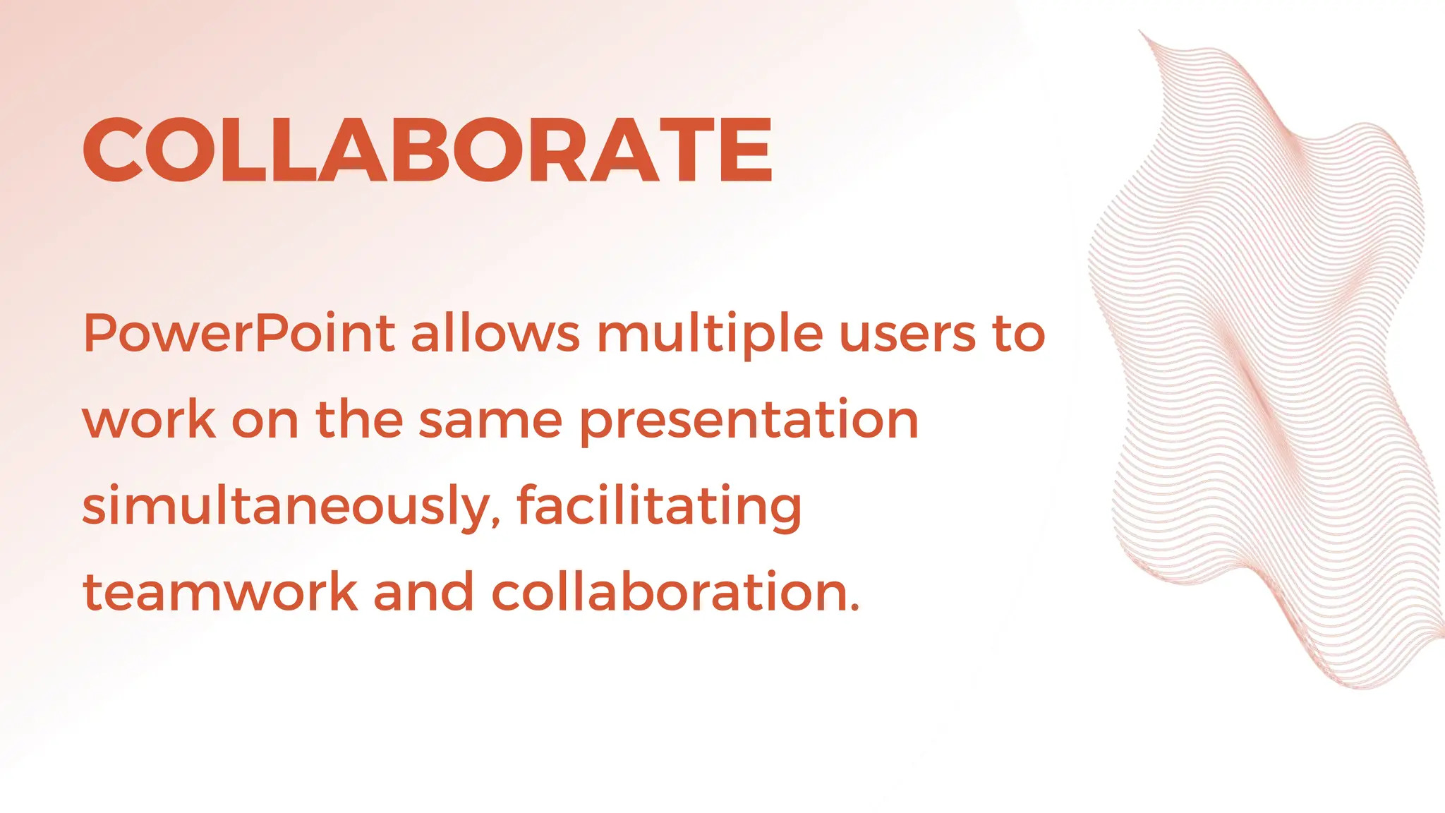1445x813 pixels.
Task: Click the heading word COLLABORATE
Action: pos(428,150)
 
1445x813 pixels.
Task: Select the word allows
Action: pos(495,333)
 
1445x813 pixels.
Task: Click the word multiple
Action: pos(710,335)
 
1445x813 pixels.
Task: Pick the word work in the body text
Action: pos(149,420)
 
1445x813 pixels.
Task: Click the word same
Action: pos(490,420)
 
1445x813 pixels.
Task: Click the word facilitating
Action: pos(659,507)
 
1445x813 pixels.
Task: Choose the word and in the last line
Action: pos(423,592)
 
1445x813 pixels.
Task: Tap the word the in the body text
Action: pos(359,420)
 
